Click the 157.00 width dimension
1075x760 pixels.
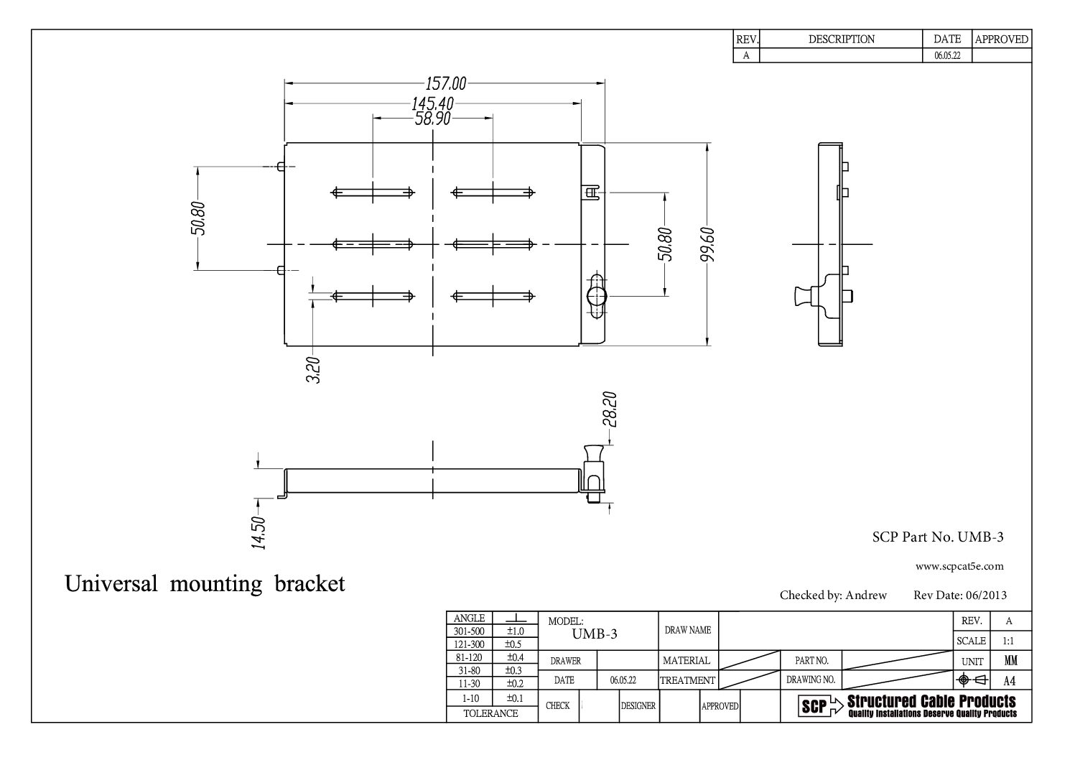pyautogui.click(x=446, y=84)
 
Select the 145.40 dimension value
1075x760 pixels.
pyautogui.click(x=433, y=105)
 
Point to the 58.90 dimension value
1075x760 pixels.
pyautogui.click(x=432, y=119)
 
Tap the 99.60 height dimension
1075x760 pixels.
pyautogui.click(x=708, y=244)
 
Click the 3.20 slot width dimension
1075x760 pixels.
pyautogui.click(x=313, y=370)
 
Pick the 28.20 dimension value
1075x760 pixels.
pyautogui.click(x=610, y=409)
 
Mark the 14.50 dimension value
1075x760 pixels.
pyautogui.click(x=259, y=533)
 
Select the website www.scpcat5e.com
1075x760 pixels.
pyautogui.click(x=959, y=566)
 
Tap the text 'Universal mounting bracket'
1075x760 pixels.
pyautogui.click(x=205, y=583)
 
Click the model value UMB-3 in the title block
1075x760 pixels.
pyautogui.click(x=595, y=634)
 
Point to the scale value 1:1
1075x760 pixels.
pyautogui.click(x=1008, y=641)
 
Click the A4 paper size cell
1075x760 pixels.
pyautogui.click(x=1009, y=681)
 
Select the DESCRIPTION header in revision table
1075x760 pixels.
pyautogui.click(x=841, y=40)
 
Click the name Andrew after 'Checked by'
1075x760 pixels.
pyautogui.click(x=866, y=595)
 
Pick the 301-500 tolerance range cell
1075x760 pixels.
pyautogui.click(x=470, y=631)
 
